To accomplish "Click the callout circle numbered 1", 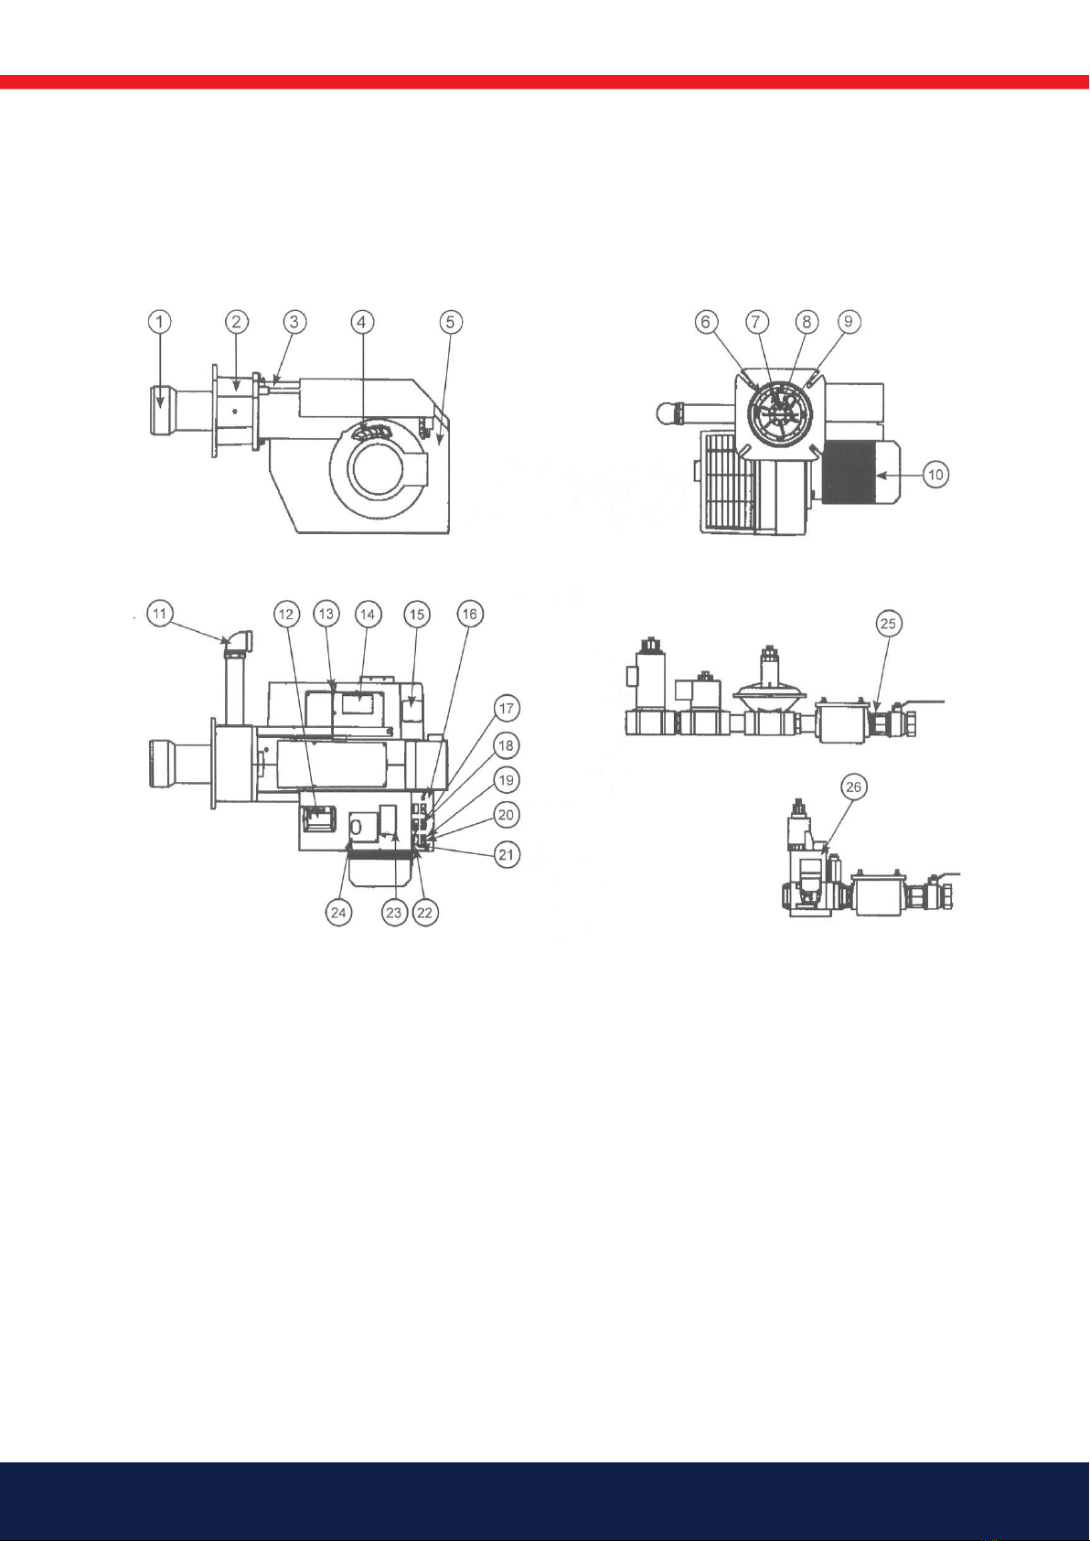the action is click(159, 321).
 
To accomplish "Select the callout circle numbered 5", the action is click(451, 321).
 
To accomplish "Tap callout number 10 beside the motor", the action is click(936, 475).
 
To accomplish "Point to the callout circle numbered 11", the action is click(159, 613).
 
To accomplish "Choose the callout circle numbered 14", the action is click(368, 613).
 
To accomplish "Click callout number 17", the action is click(507, 709).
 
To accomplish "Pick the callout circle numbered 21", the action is click(507, 855).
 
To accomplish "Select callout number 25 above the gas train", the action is click(889, 624).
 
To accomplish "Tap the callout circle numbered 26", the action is click(853, 787).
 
